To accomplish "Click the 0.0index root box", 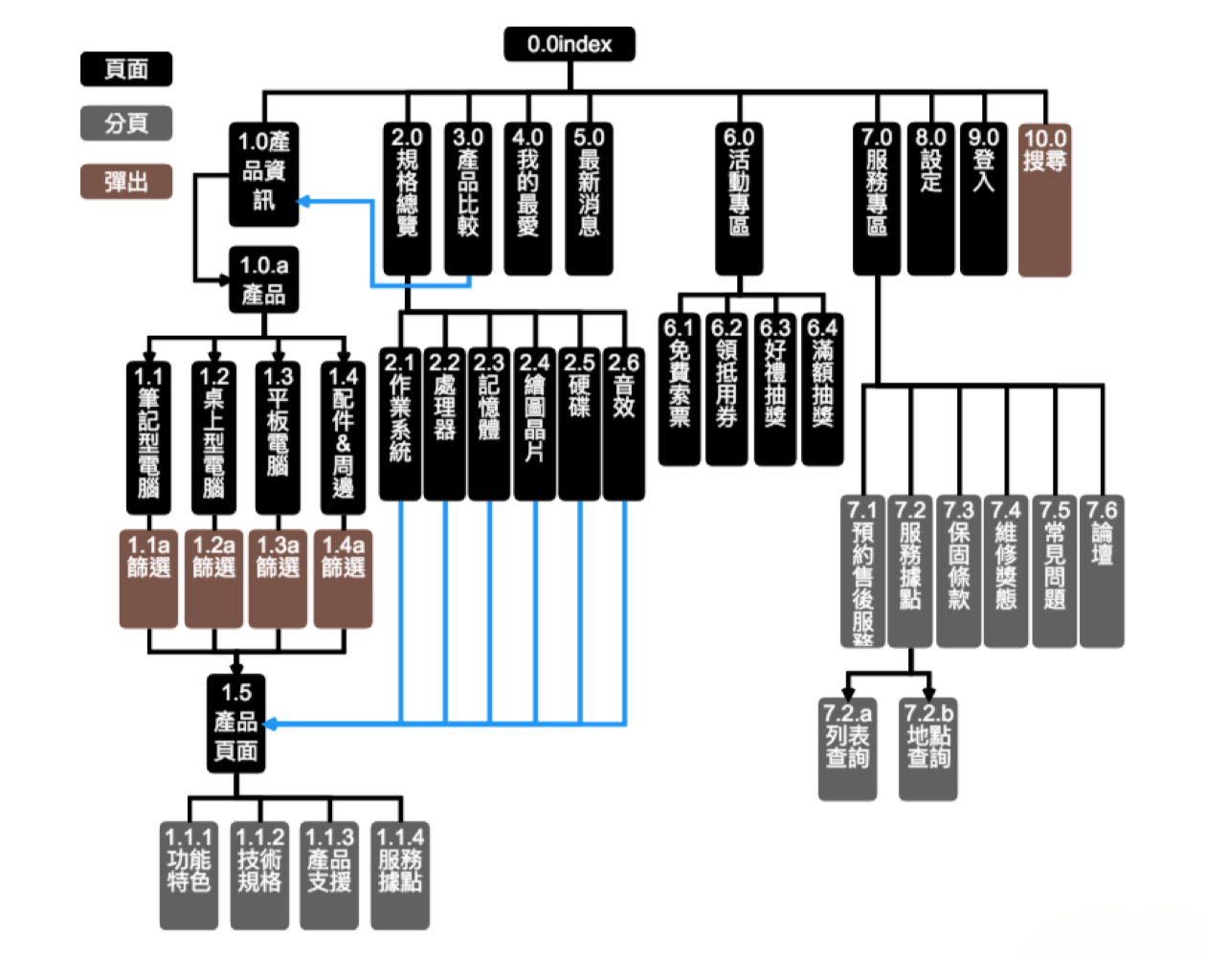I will pyautogui.click(x=569, y=44).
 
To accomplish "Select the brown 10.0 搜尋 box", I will pyautogui.click(x=1044, y=199).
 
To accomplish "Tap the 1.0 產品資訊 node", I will pyautogui.click(x=264, y=174).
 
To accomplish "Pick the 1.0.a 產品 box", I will pyautogui.click(x=264, y=279).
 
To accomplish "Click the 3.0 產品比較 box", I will pyautogui.click(x=468, y=199).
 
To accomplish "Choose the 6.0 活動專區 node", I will pyautogui.click(x=739, y=199).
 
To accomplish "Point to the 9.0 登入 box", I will pyautogui.click(x=984, y=199).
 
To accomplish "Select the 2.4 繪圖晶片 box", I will pyautogui.click(x=534, y=423).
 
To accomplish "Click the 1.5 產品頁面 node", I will pyautogui.click(x=236, y=723).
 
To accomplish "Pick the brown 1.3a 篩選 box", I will pyautogui.click(x=278, y=579).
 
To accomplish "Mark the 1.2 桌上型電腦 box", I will pyautogui.click(x=213, y=436).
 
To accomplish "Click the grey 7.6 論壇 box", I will pyautogui.click(x=1102, y=570).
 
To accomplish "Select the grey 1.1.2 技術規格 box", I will pyautogui.click(x=259, y=875).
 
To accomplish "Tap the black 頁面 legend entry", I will pyautogui.click(x=126, y=69).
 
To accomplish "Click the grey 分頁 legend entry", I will pyautogui.click(x=126, y=123).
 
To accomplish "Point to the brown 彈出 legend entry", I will pyautogui.click(x=126, y=181).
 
